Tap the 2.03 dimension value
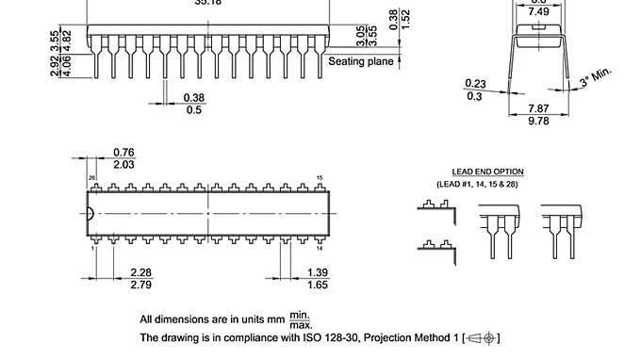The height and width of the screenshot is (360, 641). tap(123, 165)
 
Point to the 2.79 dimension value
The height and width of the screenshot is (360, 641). tap(140, 284)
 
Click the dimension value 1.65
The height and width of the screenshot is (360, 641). tap(318, 284)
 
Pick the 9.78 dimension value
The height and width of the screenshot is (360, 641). tap(538, 121)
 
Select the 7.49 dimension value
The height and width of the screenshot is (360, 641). tap(538, 11)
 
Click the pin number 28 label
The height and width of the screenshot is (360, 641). tap(92, 177)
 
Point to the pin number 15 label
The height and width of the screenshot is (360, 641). tap(320, 177)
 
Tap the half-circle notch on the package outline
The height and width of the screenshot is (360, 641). tap(90, 213)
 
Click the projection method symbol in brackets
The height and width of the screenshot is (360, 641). tap(483, 337)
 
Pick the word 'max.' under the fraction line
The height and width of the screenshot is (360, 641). tap(301, 325)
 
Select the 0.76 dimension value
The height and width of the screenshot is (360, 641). tap(123, 153)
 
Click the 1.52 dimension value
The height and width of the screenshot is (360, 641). tap(406, 19)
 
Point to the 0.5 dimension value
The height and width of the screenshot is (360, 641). tap(194, 109)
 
